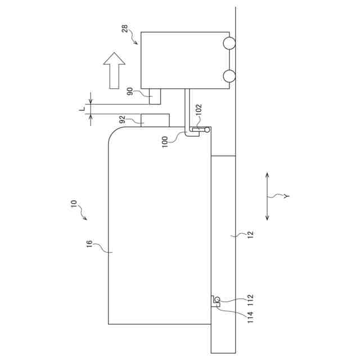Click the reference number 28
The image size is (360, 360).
pyautogui.click(x=125, y=29)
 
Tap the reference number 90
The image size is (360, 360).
pyautogui.click(x=130, y=91)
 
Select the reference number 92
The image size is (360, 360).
pyautogui.click(x=123, y=119)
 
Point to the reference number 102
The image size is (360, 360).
pyautogui.click(x=199, y=110)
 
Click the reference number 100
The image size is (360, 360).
pyautogui.click(x=165, y=142)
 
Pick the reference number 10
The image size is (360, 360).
pyautogui.click(x=74, y=204)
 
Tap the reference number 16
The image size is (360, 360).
pyautogui.click(x=89, y=244)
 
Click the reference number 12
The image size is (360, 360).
pyautogui.click(x=250, y=235)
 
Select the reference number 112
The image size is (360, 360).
pyautogui.click(x=250, y=300)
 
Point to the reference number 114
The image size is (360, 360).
pyautogui.click(x=250, y=317)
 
